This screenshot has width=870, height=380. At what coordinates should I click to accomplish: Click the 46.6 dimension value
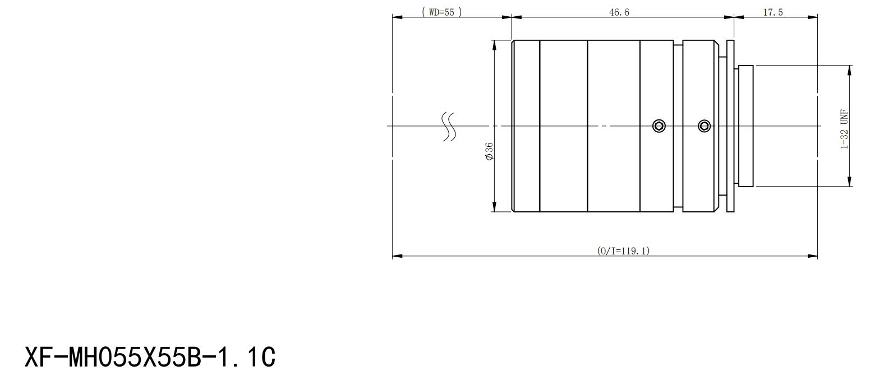pyautogui.click(x=619, y=12)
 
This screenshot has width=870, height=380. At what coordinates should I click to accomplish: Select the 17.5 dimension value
pyautogui.click(x=773, y=12)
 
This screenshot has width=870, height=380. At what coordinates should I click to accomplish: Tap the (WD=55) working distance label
pyautogui.click(x=442, y=12)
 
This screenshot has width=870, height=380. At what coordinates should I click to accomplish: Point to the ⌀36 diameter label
pyautogui.click(x=489, y=151)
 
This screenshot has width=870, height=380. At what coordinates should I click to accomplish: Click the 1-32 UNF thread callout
pyautogui.click(x=844, y=129)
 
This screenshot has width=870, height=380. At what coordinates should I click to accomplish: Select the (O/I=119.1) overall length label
pyautogui.click(x=623, y=251)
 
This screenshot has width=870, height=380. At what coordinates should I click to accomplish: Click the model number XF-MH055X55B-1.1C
pyautogui.click(x=150, y=357)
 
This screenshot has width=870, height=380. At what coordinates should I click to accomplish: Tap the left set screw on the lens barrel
pyautogui.click(x=659, y=126)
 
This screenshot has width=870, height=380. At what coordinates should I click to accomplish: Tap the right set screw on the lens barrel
pyautogui.click(x=704, y=126)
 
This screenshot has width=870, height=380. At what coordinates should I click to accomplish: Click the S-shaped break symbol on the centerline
pyautogui.click(x=449, y=127)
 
